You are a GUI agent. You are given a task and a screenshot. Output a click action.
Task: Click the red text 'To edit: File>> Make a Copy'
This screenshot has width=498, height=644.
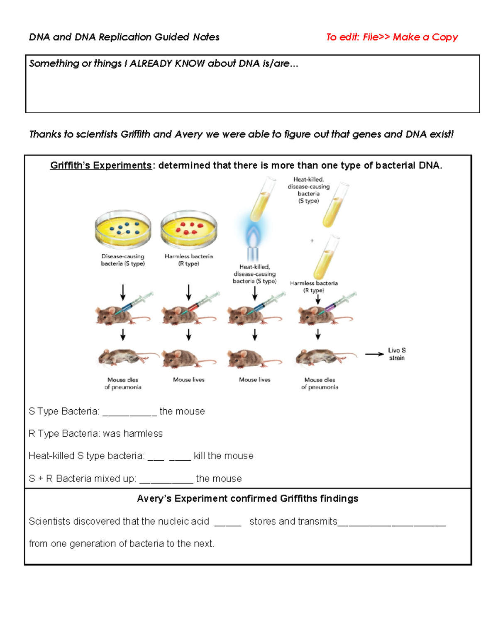391,37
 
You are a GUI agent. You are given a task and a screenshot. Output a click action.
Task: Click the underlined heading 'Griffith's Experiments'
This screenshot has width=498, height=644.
101,165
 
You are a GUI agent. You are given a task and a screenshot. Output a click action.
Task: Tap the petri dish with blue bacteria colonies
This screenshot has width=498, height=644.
123,229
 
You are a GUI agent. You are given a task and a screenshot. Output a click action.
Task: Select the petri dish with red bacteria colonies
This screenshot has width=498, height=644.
189,229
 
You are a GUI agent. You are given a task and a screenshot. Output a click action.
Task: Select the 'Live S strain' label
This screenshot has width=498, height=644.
397,354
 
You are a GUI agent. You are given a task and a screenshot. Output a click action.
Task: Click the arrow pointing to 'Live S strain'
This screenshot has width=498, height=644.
374,354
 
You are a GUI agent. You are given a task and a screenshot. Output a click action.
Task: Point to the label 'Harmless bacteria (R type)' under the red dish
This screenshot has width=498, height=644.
189,260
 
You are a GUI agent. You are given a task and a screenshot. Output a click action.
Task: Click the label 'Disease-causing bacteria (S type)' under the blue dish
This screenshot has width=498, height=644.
123,260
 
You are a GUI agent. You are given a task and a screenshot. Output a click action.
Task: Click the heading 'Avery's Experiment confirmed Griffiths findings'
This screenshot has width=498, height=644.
248,498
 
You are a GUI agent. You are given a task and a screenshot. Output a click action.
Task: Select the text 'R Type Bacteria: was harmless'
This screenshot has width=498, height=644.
95,434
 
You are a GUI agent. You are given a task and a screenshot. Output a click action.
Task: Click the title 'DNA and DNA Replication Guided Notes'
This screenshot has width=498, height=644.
124,37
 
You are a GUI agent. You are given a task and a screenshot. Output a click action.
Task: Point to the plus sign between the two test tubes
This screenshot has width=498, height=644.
312,241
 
